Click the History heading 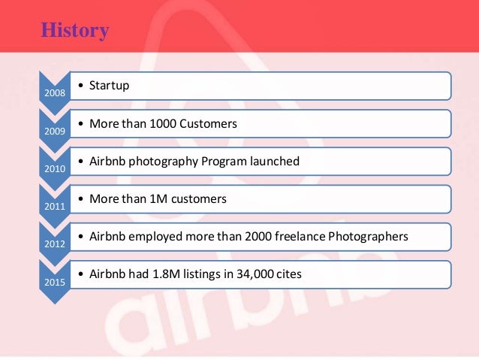point(74,31)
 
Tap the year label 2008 point(53,93)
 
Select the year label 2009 point(53,131)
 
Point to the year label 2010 point(53,168)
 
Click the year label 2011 point(53,206)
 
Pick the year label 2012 point(53,244)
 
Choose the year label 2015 point(53,282)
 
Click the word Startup point(109,86)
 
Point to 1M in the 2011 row point(165,198)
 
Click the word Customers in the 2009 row point(211,123)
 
